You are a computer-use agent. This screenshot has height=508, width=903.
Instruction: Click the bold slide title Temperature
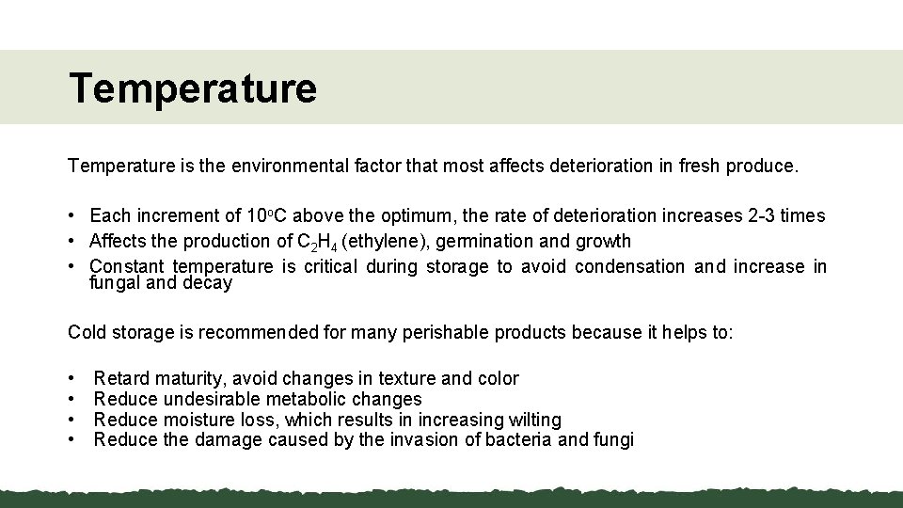tap(192, 89)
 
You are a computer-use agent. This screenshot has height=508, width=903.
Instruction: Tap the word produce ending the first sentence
tap(765, 167)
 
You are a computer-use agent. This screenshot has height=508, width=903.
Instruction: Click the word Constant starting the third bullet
tap(126, 266)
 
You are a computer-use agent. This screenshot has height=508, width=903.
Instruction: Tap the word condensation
tap(630, 266)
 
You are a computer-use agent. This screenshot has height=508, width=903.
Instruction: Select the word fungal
tap(115, 282)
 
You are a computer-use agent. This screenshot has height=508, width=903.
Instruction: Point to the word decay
tap(208, 282)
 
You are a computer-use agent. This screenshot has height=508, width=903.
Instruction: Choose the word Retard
tap(120, 379)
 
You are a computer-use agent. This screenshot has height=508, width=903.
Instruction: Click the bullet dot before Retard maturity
tap(72, 379)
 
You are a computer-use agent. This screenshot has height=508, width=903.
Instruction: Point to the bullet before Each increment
tap(72, 216)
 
